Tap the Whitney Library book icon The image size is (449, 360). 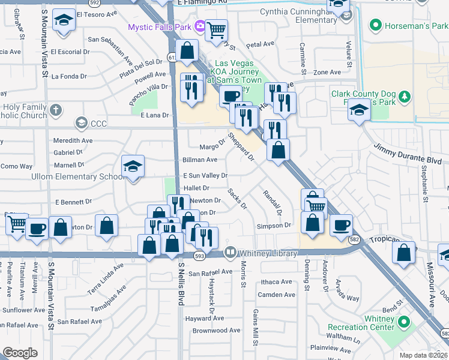tap(229, 253)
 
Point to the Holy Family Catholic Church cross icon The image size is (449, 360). tap(55, 110)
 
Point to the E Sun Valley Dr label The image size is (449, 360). tap(205, 175)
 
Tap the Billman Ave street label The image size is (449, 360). tap(200, 160)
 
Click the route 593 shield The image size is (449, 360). tap(200, 256)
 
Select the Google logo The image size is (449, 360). tap(20, 353)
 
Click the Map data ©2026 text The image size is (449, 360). tap(423, 355)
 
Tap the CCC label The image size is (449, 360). tap(98, 124)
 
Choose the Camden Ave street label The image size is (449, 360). tap(276, 295)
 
